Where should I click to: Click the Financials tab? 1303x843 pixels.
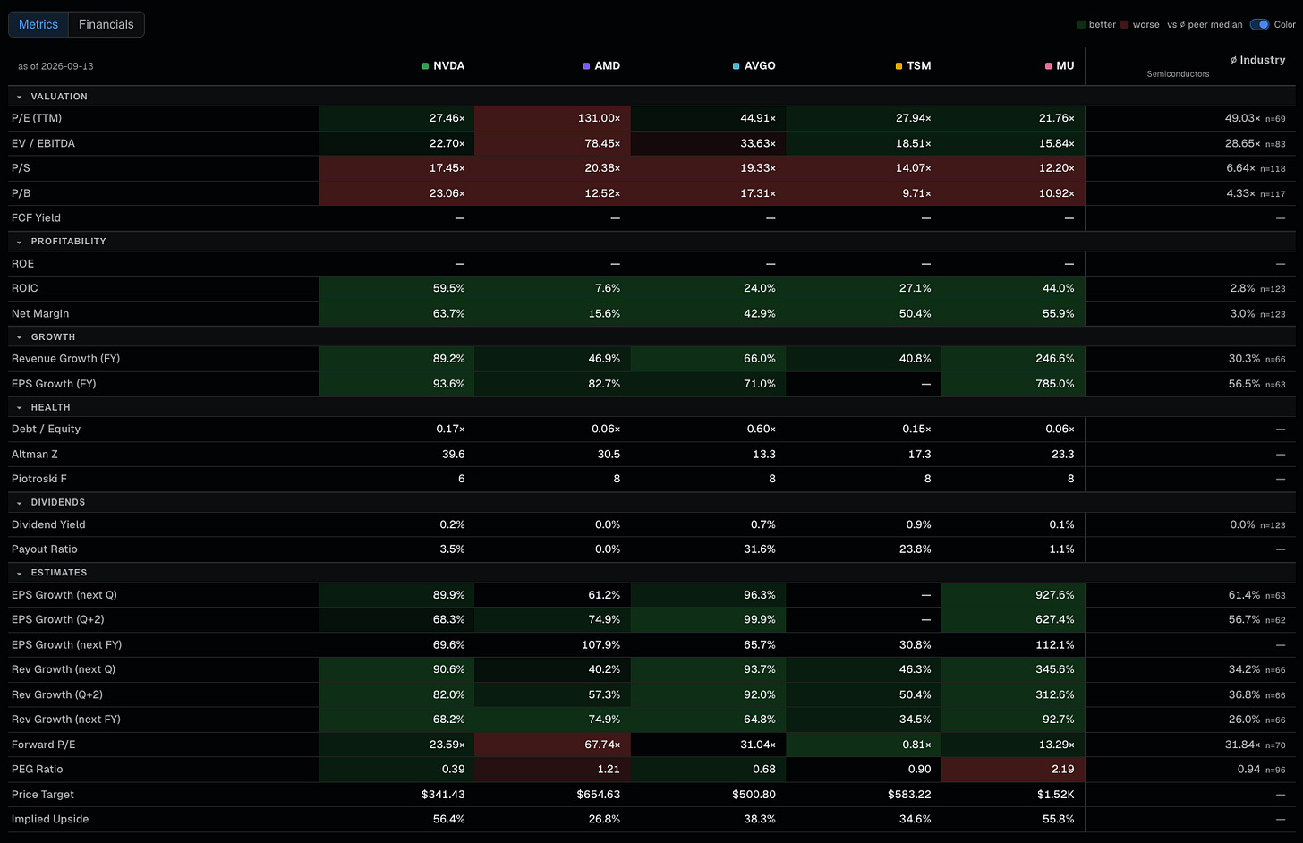click(x=106, y=24)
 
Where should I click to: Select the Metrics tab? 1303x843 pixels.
click(x=38, y=24)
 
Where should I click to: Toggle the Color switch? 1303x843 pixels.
click(x=1259, y=24)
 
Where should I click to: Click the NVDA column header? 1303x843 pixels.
click(x=443, y=65)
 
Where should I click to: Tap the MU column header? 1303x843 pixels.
click(x=1060, y=65)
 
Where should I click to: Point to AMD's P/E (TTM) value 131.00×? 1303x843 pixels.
click(x=599, y=118)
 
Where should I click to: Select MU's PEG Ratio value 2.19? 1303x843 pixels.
click(x=1063, y=769)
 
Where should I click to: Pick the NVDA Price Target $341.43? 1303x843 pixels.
click(x=443, y=794)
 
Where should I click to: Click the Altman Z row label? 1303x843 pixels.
click(x=34, y=454)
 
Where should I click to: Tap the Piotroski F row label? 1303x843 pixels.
click(x=39, y=479)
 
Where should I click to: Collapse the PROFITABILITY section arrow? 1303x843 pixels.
click(x=19, y=242)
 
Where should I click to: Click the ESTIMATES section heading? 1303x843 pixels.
click(x=59, y=573)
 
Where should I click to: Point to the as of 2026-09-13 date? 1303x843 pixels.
click(x=55, y=66)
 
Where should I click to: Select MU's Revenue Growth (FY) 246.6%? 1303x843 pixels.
click(x=1054, y=358)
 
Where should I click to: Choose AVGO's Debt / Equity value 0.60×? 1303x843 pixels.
click(x=761, y=429)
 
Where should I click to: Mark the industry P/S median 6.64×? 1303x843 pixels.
click(x=1240, y=168)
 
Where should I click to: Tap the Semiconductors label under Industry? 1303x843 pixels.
click(x=1178, y=74)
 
